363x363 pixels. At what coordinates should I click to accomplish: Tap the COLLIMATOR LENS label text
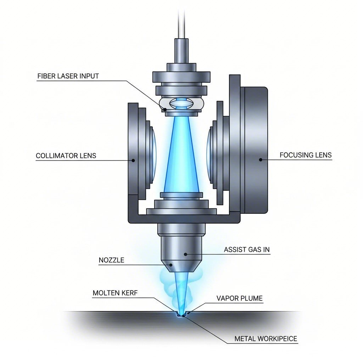(66, 156)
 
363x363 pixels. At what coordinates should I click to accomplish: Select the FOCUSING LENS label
(306, 155)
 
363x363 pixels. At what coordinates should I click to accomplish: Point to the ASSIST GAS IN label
(247, 250)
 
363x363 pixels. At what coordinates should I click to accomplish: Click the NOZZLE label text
(111, 260)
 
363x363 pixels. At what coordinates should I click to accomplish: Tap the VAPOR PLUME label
(240, 298)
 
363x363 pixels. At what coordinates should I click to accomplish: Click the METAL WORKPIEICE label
(266, 339)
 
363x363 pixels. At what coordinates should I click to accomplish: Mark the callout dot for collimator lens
(133, 160)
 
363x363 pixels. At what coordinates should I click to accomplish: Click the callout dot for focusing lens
(261, 160)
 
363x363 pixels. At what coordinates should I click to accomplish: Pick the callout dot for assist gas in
(185, 254)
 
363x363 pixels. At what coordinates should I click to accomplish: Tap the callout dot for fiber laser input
(165, 110)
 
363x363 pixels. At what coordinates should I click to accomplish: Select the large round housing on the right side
(254, 149)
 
